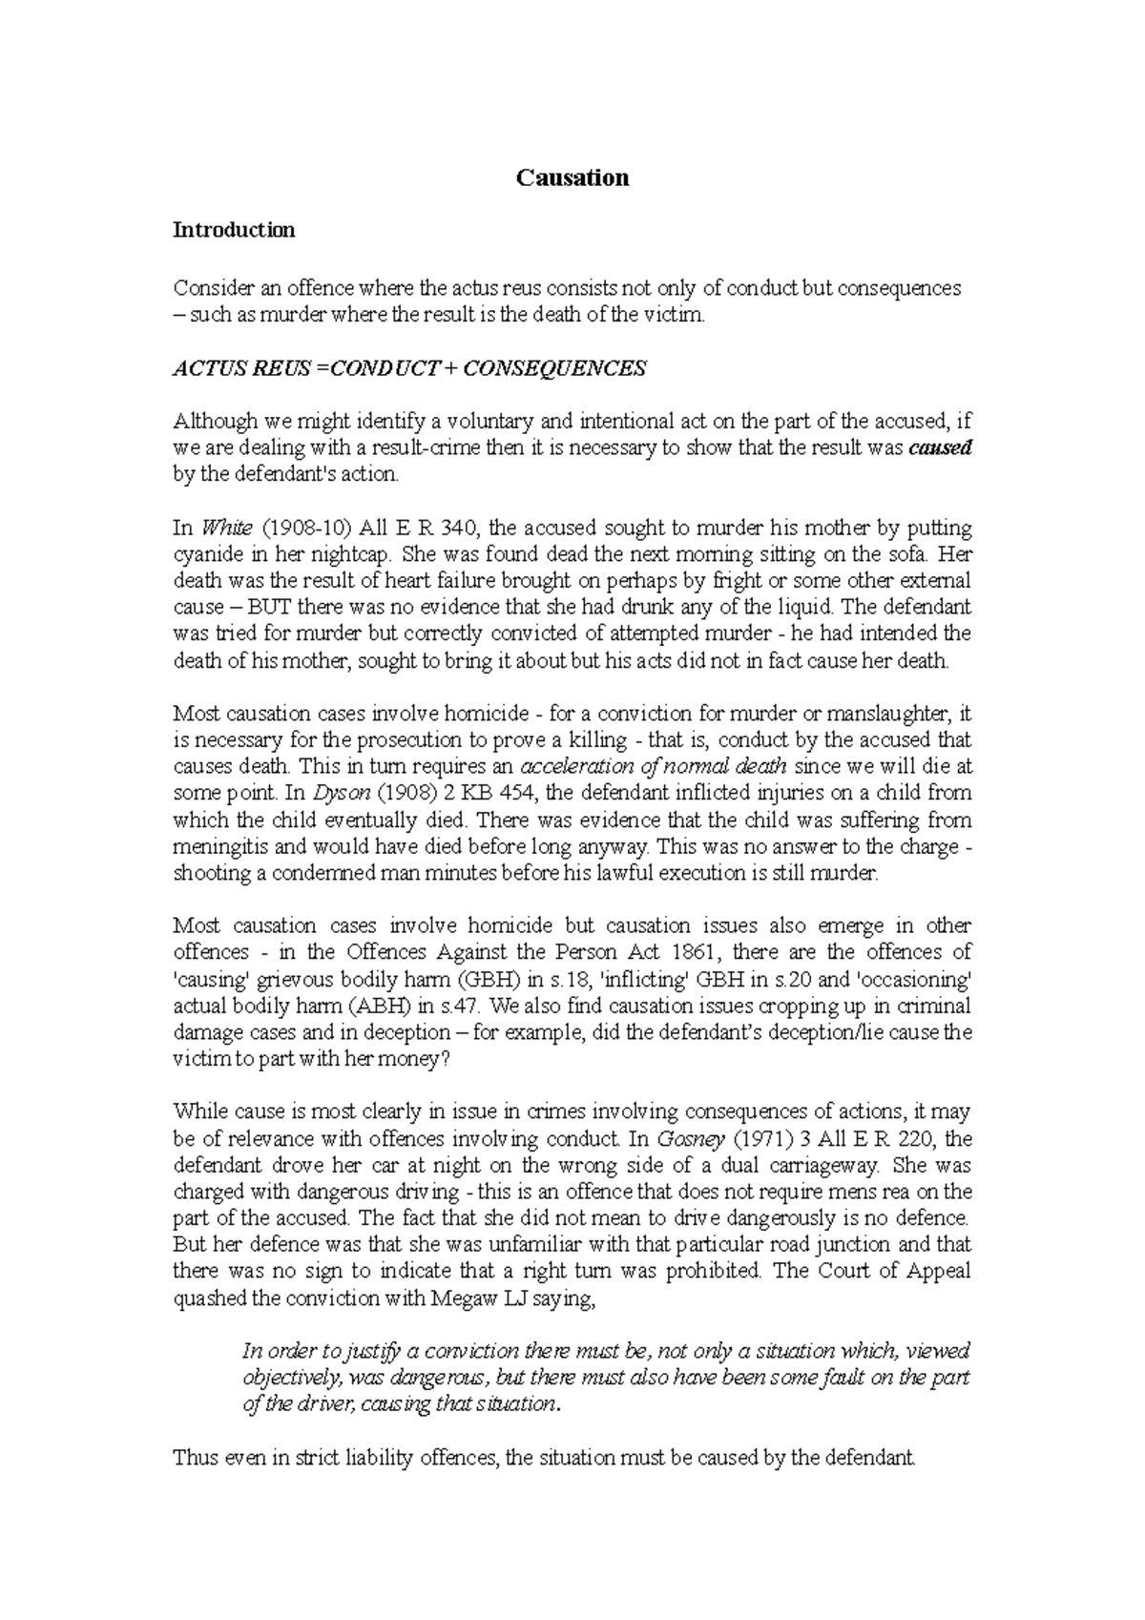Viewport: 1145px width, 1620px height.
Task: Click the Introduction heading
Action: click(233, 230)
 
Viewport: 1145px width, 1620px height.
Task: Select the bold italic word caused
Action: click(941, 448)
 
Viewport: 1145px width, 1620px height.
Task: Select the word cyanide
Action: click(207, 554)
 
